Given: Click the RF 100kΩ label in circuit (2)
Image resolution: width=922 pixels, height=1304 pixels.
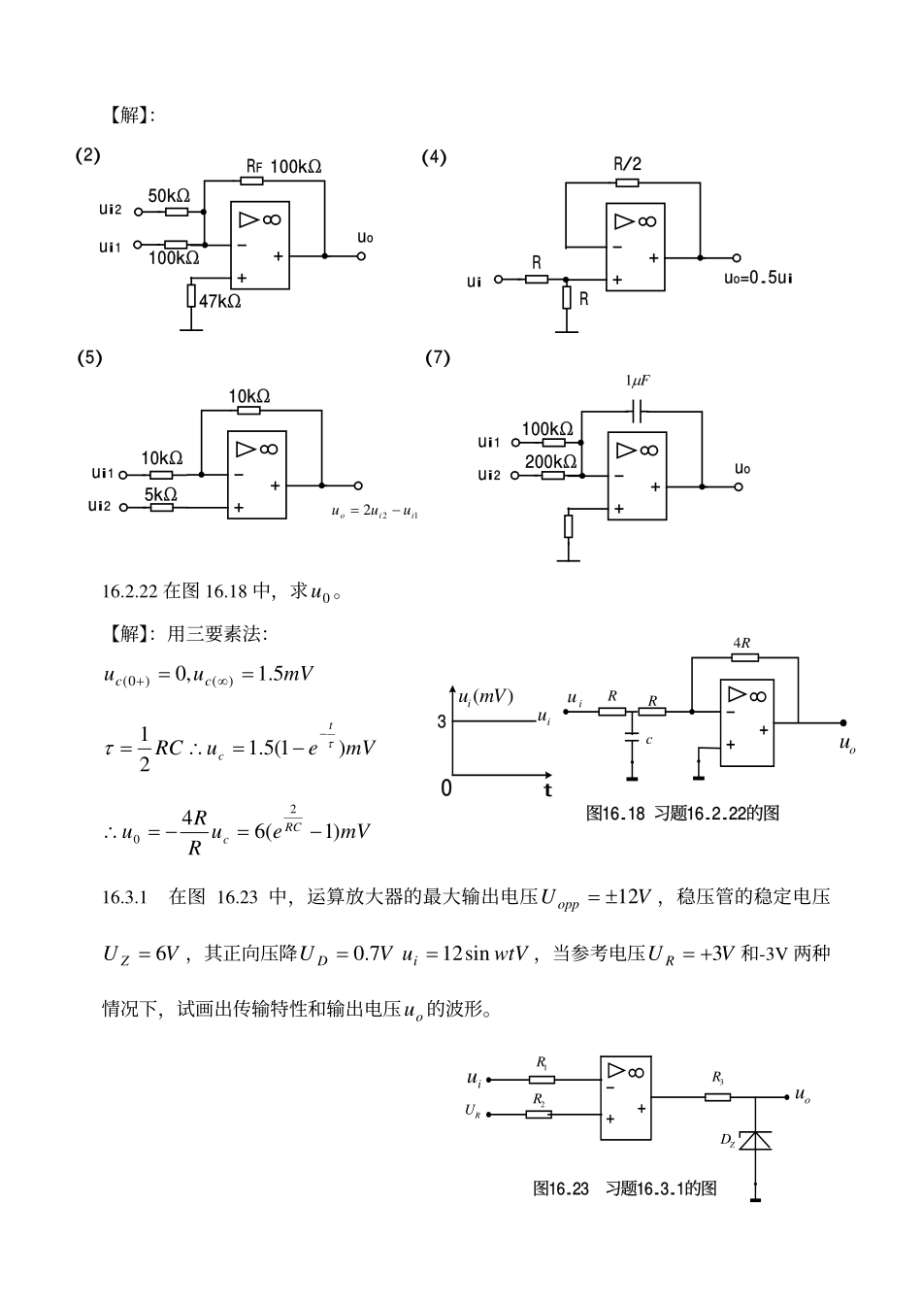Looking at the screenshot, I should tap(282, 167).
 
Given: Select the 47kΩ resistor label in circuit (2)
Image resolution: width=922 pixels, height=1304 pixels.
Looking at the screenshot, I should tap(219, 301).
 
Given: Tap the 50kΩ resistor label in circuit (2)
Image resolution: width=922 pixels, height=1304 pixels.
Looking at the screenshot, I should tap(169, 195).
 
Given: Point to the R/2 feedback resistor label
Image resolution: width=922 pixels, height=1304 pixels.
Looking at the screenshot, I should tap(627, 164).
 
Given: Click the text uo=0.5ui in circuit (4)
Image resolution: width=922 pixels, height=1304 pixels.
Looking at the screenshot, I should tap(758, 279).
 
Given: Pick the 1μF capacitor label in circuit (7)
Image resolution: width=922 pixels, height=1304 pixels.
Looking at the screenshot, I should tap(637, 382).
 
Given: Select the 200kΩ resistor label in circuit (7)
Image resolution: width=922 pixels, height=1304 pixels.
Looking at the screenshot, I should tap(550, 461).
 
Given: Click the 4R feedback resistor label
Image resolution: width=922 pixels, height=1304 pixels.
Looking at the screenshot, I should tap(741, 643).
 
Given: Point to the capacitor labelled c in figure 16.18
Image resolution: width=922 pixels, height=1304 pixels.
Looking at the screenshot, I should tap(633, 739).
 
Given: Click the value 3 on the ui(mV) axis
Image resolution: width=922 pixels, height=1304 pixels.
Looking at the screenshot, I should tap(442, 721).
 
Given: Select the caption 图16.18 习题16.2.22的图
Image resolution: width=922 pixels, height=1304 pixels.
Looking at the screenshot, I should tap(682, 814).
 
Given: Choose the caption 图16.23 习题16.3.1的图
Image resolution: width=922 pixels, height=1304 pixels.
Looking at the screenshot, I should tap(624, 1187).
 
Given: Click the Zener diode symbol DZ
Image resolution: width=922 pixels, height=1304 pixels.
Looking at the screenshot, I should tap(754, 1140).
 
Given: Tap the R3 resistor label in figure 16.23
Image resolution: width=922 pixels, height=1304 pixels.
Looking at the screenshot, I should tap(717, 1077).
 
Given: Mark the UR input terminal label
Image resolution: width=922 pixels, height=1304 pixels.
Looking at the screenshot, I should tap(473, 1111).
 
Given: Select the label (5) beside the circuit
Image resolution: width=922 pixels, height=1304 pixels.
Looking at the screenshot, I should tap(89, 357).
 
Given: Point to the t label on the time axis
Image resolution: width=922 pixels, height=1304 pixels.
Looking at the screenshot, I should tap(548, 790).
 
